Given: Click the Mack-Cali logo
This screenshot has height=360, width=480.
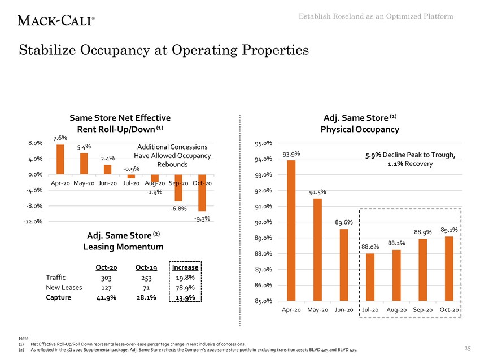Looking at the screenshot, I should click(56, 20).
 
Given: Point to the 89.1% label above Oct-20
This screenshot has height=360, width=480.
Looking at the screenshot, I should click(449, 230).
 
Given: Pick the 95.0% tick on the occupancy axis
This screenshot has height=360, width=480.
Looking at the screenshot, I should click(264, 143).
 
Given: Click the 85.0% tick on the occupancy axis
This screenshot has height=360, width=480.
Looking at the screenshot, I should click(264, 301).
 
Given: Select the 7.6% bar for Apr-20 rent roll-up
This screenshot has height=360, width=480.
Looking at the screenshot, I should click(60, 160).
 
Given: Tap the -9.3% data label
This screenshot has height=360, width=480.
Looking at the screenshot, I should click(202, 219).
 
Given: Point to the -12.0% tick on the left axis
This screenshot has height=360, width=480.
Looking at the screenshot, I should click(32, 222).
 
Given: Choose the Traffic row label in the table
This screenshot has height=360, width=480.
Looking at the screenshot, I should click(55, 277).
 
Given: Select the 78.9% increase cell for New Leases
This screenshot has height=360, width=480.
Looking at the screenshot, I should click(186, 288).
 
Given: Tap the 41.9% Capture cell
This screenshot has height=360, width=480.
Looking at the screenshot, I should click(106, 298).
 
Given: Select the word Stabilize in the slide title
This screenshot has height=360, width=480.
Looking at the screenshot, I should click(54, 51).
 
